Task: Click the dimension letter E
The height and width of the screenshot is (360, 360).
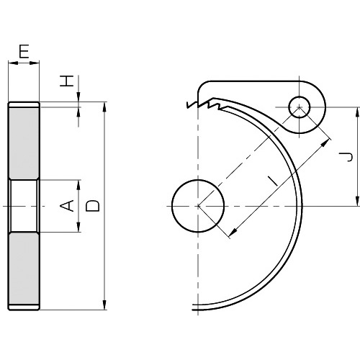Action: [x=24, y=51]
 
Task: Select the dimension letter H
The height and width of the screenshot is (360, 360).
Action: [x=66, y=81]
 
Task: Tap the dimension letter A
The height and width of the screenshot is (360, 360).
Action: [x=66, y=206]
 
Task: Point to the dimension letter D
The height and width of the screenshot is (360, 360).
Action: [x=93, y=206]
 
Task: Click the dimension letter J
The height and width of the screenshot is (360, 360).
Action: [x=346, y=156]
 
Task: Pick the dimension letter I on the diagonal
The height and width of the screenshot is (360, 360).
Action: [x=273, y=181]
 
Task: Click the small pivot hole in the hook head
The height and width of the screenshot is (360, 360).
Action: [x=300, y=107]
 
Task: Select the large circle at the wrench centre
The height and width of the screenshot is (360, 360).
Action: [x=198, y=206]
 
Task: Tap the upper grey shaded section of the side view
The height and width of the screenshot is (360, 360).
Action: [x=24, y=143]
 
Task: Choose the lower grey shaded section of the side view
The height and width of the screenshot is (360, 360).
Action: [x=24, y=269]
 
